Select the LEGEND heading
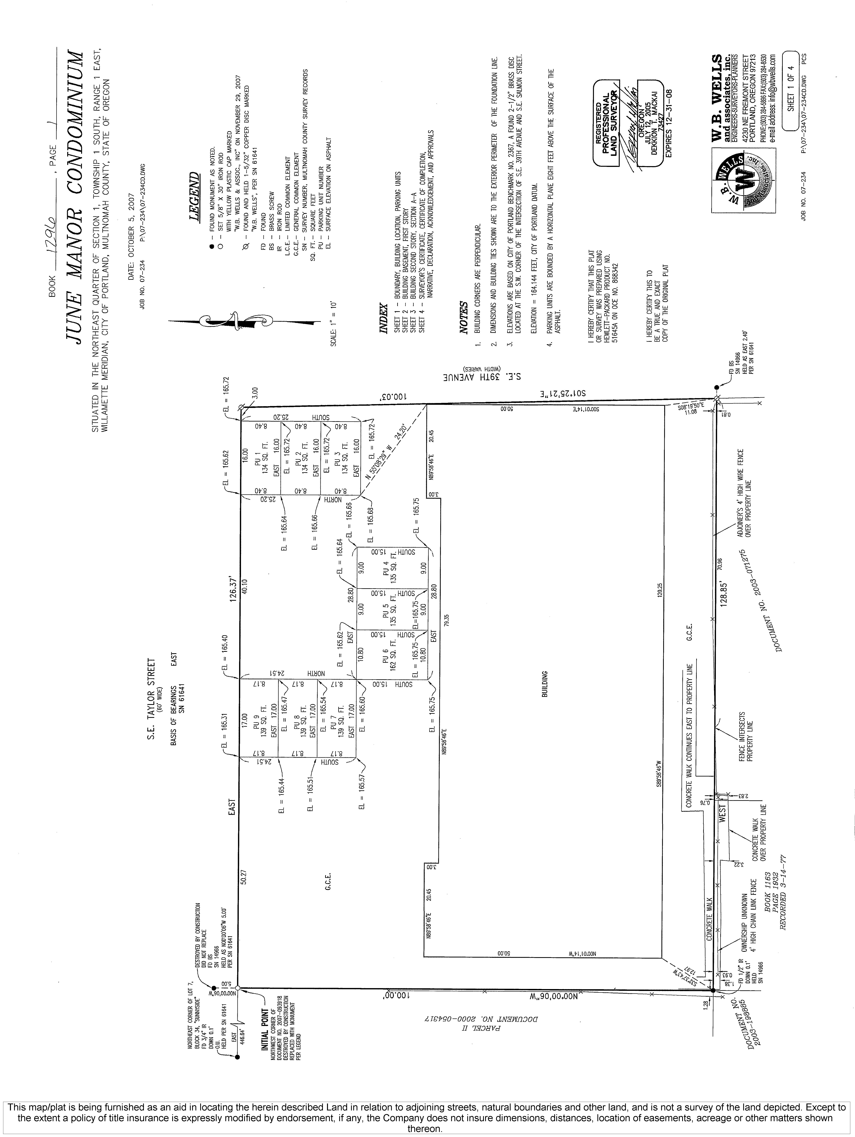(194, 197)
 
